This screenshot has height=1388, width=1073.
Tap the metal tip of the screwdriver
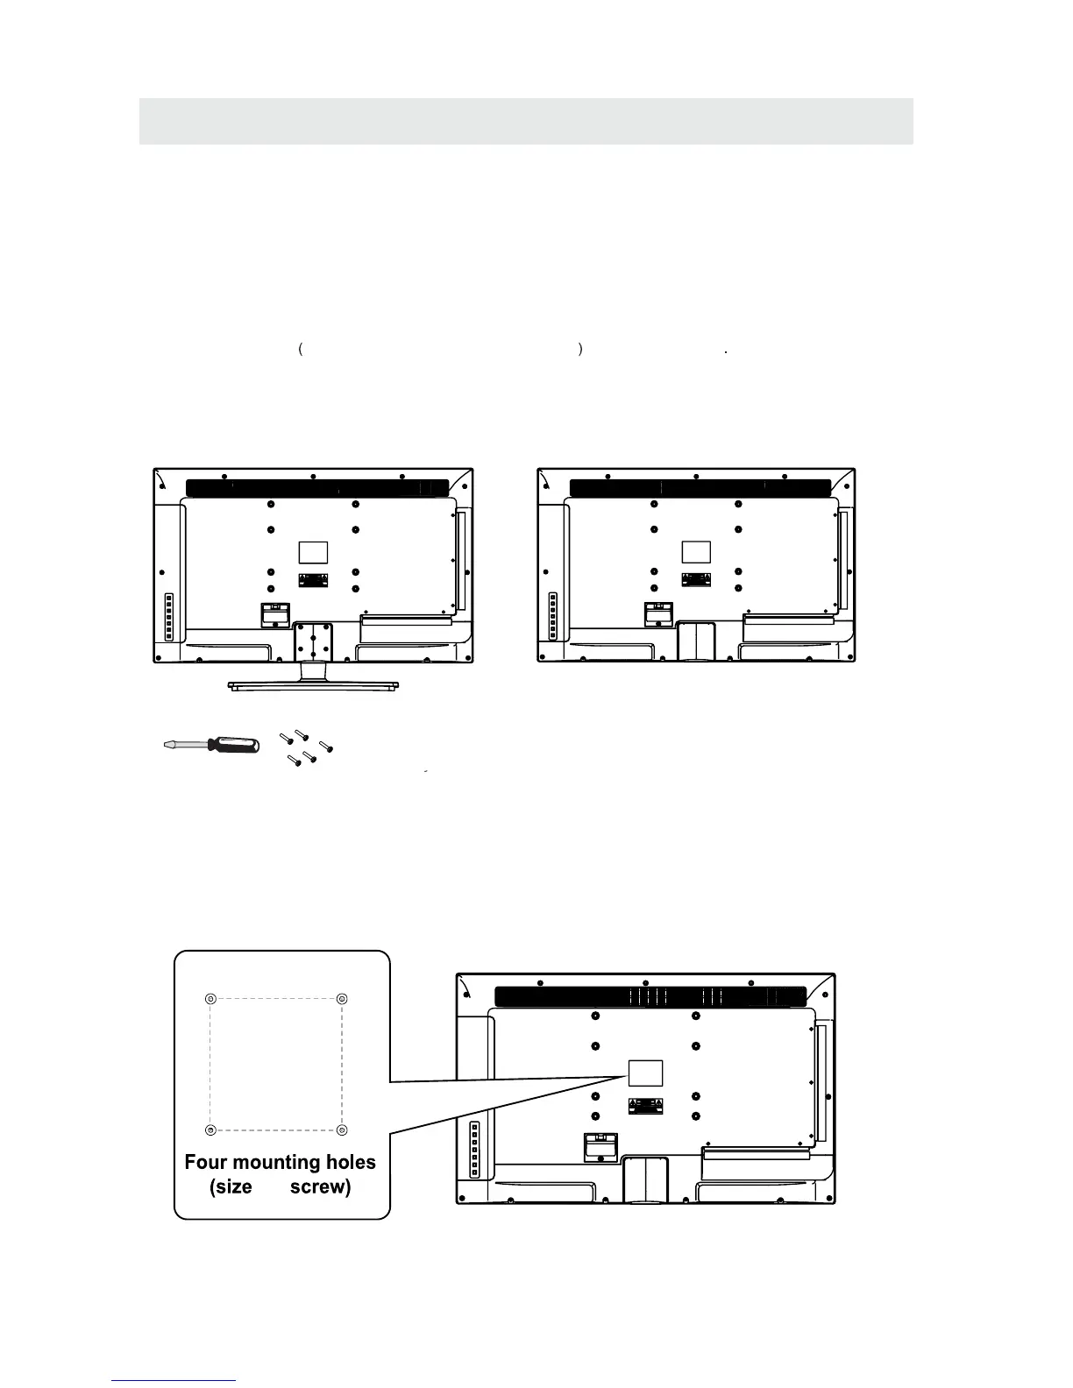tap(172, 746)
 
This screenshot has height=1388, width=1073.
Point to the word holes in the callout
tap(348, 1163)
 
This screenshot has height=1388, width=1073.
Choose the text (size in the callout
tap(231, 1187)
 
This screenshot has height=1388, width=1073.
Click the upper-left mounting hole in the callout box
tap(210, 999)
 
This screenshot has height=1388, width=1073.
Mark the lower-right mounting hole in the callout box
tap(342, 1129)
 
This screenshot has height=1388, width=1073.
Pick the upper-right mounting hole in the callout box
tap(342, 999)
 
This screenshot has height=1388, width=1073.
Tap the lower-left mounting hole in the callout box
tap(210, 1129)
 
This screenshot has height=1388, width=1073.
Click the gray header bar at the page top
tap(526, 121)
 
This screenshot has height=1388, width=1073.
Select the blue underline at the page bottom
tap(174, 1381)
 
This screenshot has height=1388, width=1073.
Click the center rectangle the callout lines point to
tap(645, 1073)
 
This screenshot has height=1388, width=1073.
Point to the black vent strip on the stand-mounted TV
tap(318, 487)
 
